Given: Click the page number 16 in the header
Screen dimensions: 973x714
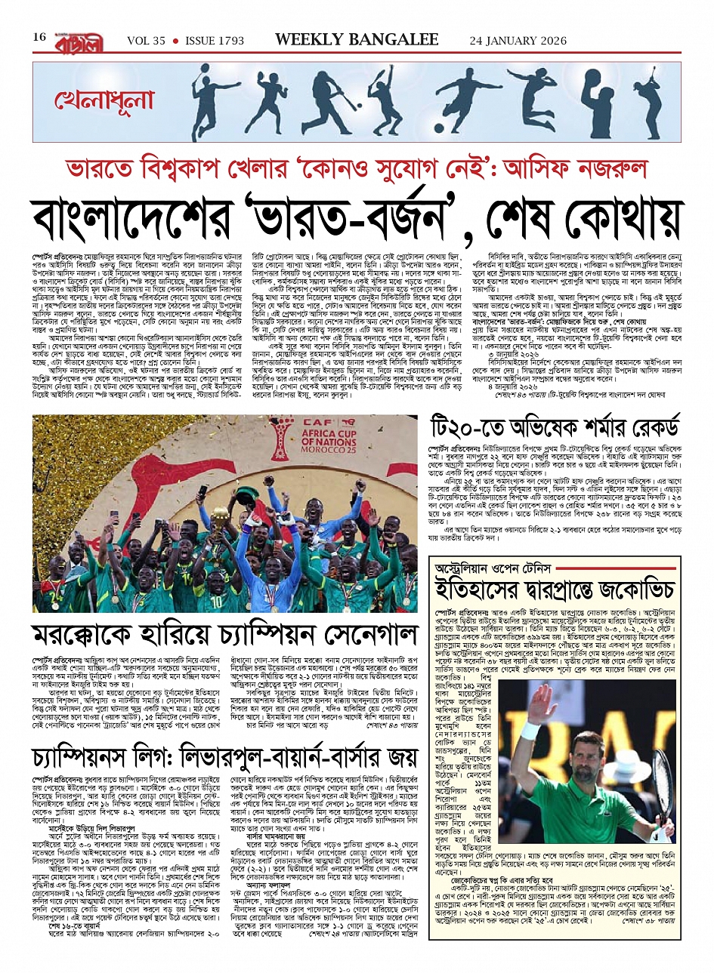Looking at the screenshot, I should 40,38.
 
